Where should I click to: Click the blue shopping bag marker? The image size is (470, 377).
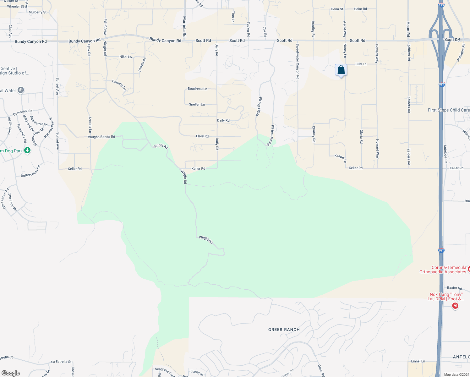[x=341, y=70]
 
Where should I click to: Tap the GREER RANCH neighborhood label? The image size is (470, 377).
[x=284, y=330]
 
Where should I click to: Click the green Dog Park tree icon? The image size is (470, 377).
[x=27, y=151]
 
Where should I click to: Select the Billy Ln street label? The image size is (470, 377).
[x=361, y=64]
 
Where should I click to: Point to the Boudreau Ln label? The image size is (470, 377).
[x=197, y=89]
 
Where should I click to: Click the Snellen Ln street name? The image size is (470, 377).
[x=197, y=104]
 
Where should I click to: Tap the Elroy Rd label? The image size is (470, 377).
[x=202, y=136]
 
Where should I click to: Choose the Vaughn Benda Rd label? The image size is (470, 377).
[x=101, y=137]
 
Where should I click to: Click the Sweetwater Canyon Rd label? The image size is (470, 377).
[x=298, y=61]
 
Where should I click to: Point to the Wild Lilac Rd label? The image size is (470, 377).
[x=259, y=107]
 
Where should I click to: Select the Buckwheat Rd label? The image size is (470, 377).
[x=271, y=135]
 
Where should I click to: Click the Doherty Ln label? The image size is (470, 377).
[x=119, y=85]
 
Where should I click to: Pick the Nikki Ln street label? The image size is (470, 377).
[x=126, y=57]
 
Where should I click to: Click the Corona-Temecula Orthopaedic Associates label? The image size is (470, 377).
[x=443, y=270]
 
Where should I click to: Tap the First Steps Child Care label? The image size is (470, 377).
[x=449, y=110]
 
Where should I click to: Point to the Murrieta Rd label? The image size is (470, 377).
[x=184, y=27]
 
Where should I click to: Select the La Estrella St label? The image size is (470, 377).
[x=61, y=362]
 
